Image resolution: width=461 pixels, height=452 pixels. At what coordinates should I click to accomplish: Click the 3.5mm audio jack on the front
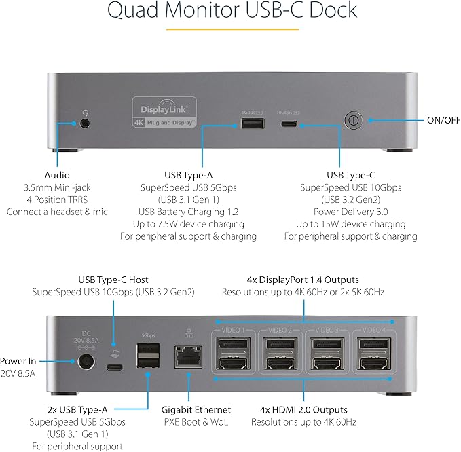coord(85,124)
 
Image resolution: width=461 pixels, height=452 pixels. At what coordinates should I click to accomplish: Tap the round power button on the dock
coord(352,121)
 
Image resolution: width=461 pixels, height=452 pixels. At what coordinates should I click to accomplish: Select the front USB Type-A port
coord(248,124)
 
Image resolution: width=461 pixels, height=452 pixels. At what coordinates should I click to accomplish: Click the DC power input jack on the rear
coord(86,362)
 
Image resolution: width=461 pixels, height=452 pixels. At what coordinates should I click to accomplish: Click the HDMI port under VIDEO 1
coord(235,364)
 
